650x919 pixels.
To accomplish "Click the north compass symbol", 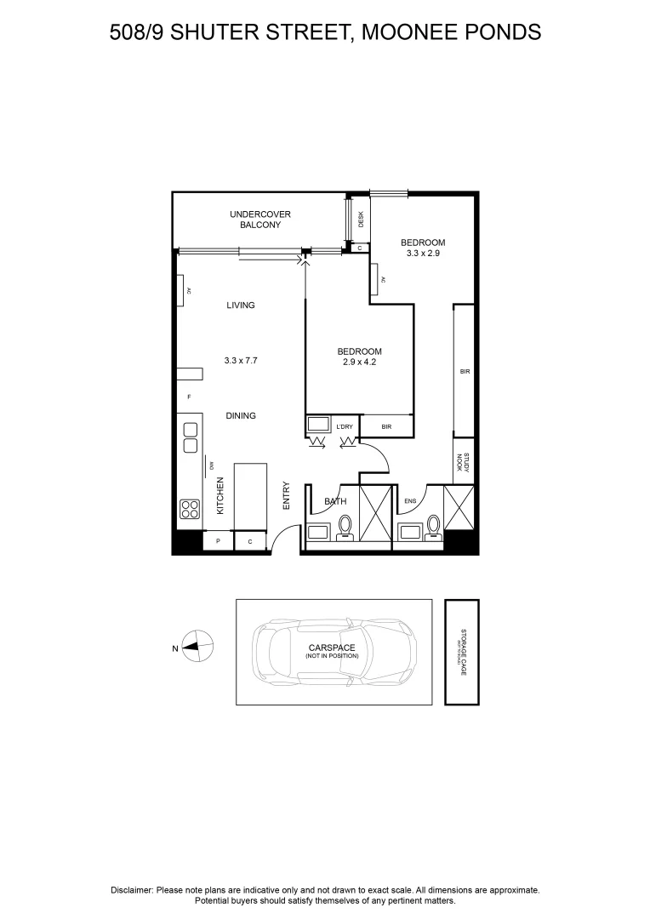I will pos(197,647).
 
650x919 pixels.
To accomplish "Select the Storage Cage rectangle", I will pos(462,652).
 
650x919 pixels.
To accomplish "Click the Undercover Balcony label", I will pos(254,220).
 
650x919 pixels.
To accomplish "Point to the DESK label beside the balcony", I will pos(361,219).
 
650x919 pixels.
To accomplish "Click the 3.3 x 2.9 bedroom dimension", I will pos(423,253).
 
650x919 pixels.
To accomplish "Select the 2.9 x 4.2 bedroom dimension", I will pos(359,362).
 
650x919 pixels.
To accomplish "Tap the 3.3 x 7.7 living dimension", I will pos(241,361).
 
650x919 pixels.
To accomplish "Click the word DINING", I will pos(241,416).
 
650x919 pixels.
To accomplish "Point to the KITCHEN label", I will pos(220,495).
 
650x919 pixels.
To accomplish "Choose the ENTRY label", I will pos(287,496).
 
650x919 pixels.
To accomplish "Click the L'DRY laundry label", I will pos(345,425).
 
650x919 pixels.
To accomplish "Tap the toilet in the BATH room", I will pos(345,528).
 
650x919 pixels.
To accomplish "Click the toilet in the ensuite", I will pos(434,528).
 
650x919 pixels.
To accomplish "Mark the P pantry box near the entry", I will pos(218,541).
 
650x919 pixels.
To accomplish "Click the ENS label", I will pos(409,502).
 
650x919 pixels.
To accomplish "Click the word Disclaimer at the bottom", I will pos(132,890).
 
